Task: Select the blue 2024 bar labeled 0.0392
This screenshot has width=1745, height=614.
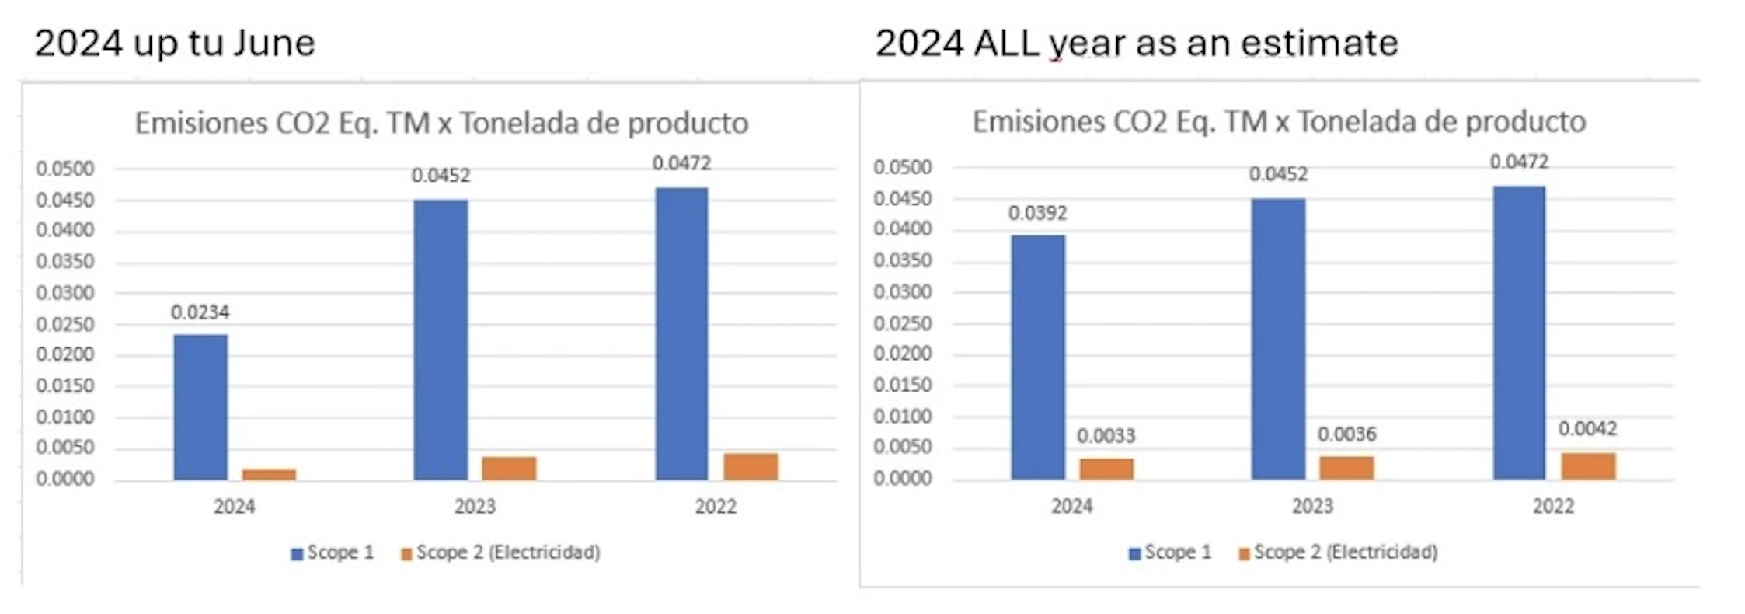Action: click(1038, 357)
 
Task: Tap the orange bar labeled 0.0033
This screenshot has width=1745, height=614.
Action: click(1106, 468)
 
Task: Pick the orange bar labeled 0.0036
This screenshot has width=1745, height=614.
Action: click(1346, 467)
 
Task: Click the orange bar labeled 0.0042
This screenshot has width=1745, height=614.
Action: click(1588, 466)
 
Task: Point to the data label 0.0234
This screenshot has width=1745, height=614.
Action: click(200, 312)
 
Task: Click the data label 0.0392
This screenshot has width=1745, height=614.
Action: click(1038, 213)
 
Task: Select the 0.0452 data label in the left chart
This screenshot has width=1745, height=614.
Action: click(441, 176)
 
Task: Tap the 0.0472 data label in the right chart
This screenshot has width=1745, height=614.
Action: click(1519, 162)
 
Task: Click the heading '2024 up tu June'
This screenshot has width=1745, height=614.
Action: click(175, 43)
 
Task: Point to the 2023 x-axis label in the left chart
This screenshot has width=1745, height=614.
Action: click(475, 507)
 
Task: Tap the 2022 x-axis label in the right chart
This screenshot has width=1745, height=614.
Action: click(1553, 507)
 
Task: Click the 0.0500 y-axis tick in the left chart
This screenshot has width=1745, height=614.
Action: click(64, 169)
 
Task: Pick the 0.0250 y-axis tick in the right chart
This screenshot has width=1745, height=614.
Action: click(902, 323)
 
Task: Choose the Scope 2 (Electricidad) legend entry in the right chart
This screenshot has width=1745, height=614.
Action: click(1338, 552)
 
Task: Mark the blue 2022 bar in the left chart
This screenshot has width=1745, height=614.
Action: click(681, 333)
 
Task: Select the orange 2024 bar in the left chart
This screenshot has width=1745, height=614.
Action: click(269, 474)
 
